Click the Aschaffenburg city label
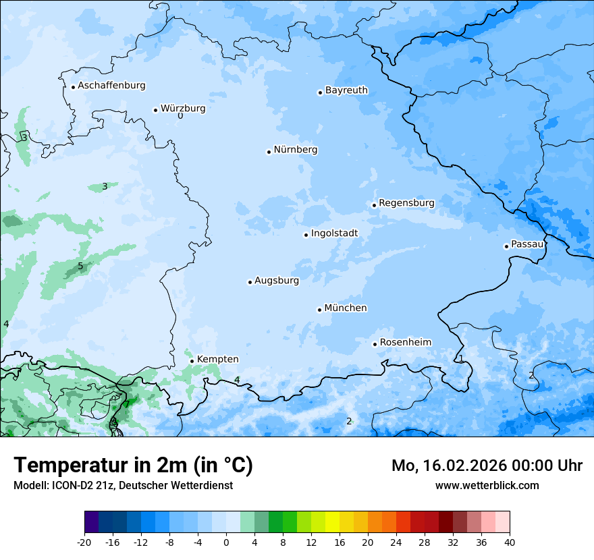(x=111, y=86)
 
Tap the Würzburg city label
(x=183, y=109)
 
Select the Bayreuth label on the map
(x=346, y=90)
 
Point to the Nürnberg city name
(x=296, y=150)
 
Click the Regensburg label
(x=406, y=203)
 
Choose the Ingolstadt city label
(x=334, y=233)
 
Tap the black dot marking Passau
(x=506, y=246)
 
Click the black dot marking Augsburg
(x=250, y=282)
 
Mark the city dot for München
(x=319, y=310)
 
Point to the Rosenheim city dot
(x=375, y=344)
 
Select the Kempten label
(x=217, y=360)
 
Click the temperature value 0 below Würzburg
(x=180, y=116)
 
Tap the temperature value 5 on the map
(x=80, y=267)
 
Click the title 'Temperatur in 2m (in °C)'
(x=133, y=466)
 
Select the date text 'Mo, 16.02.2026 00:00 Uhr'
(x=487, y=466)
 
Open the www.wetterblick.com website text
(x=487, y=486)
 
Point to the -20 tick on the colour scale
(x=84, y=542)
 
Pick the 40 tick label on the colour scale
(x=510, y=542)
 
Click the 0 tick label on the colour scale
(x=226, y=542)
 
